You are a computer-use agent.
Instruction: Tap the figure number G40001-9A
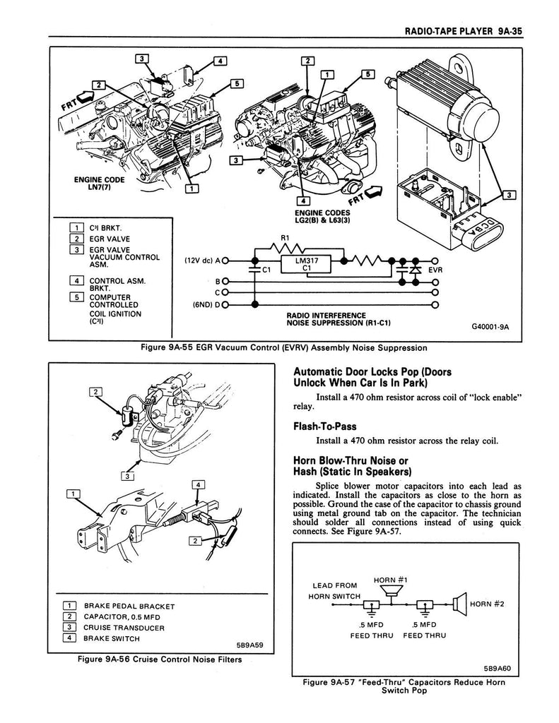pyautogui.click(x=490, y=327)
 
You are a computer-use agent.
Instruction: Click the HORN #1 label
pyautogui.click(x=388, y=580)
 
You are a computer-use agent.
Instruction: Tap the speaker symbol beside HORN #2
pyautogui.click(x=459, y=604)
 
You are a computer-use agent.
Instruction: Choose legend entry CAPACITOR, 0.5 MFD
pyautogui.click(x=124, y=616)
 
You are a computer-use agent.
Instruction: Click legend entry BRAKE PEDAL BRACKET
pyautogui.click(x=128, y=606)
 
